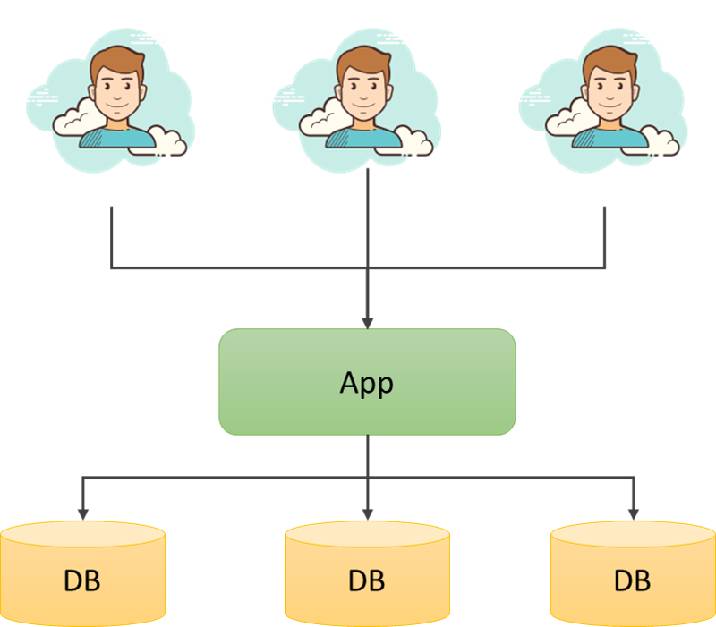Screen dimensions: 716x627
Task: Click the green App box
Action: pyautogui.click(x=367, y=382)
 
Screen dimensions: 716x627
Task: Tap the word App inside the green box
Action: pyautogui.click(x=366, y=384)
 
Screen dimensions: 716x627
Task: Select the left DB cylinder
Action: pyautogui.click(x=82, y=573)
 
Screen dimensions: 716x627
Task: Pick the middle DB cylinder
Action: pyautogui.click(x=367, y=573)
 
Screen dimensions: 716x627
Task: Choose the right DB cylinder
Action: pyautogui.click(x=633, y=573)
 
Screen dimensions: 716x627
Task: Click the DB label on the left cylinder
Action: pyautogui.click(x=81, y=580)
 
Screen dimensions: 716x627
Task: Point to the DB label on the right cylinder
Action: pyautogui.click(x=633, y=580)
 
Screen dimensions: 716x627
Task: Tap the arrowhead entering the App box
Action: pyautogui.click(x=368, y=323)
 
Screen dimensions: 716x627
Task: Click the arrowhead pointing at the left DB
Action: pyautogui.click(x=82, y=514)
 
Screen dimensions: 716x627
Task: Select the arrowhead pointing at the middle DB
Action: pyautogui.click(x=368, y=514)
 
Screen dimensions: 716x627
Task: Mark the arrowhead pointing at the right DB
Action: pyautogui.click(x=634, y=514)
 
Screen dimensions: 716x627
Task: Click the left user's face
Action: pyautogui.click(x=117, y=93)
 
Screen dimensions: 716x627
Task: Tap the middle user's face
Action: pyautogui.click(x=363, y=93)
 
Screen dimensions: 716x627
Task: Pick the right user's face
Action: pyautogui.click(x=610, y=93)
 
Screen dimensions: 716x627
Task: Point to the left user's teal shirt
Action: pyautogui.click(x=117, y=138)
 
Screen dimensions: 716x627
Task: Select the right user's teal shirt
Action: pyautogui.click(x=610, y=138)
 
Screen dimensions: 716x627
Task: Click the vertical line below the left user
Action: pyautogui.click(x=111, y=237)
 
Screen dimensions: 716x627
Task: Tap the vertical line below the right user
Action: pyautogui.click(x=605, y=237)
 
